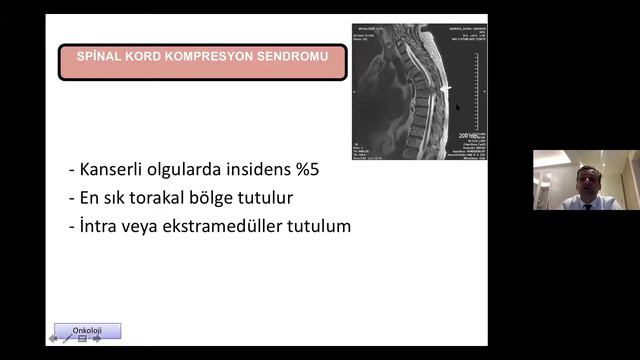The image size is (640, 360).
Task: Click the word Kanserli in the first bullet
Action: click(x=114, y=170)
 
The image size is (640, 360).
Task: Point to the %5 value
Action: click(x=304, y=170)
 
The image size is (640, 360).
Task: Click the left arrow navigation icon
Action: click(x=53, y=339)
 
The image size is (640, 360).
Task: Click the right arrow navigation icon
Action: click(x=97, y=339)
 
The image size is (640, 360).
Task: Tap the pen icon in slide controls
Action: click(x=68, y=339)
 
